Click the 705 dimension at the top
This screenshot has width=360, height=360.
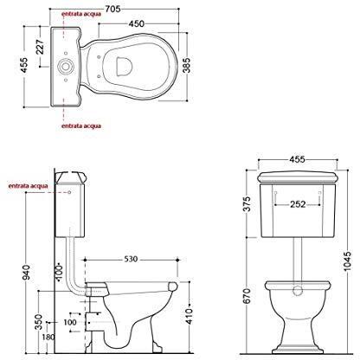coord(112,10)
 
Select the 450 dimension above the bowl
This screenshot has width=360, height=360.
coord(136,23)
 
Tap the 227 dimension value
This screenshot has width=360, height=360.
coord(41,47)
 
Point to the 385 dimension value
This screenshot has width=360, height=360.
coord(186,66)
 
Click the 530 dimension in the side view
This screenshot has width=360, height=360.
coord(131,260)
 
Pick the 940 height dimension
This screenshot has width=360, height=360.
coord(26,273)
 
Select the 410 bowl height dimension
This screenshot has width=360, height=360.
coord(189,316)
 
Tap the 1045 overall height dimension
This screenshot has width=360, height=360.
coord(348,261)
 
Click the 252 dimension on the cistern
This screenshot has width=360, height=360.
coord(298,204)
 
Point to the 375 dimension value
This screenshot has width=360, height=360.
coord(247,204)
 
